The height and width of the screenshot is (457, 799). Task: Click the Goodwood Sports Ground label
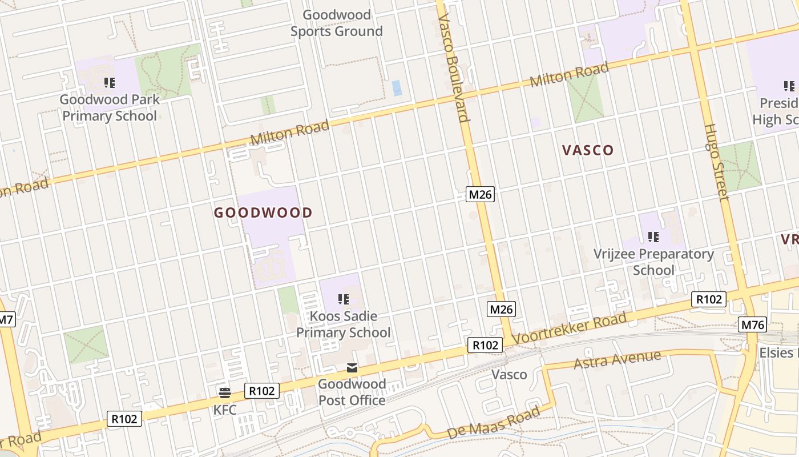click(x=337, y=23)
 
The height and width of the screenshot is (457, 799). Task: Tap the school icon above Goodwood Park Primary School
click(x=110, y=83)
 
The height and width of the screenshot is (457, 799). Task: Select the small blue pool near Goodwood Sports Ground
click(x=397, y=88)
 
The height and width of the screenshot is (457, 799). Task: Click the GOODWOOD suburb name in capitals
click(x=263, y=213)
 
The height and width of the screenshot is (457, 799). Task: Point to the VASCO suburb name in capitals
click(x=588, y=150)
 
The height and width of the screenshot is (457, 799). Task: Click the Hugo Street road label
click(x=716, y=163)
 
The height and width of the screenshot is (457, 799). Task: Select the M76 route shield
click(x=753, y=324)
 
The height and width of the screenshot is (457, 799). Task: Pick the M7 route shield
click(x=6, y=320)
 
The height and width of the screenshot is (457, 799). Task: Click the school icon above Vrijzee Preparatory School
click(x=653, y=236)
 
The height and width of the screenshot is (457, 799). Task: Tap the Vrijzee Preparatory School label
click(x=653, y=262)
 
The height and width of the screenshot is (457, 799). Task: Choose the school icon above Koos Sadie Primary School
click(x=343, y=299)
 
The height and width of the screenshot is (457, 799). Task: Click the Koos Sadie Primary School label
click(x=343, y=324)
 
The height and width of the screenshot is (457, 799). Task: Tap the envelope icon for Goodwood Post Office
click(x=352, y=368)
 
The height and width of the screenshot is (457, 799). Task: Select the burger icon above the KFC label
click(x=224, y=392)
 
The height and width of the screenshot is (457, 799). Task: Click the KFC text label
click(x=224, y=410)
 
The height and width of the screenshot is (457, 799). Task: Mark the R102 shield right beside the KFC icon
click(x=262, y=391)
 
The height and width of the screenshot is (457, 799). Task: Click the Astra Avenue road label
click(x=617, y=360)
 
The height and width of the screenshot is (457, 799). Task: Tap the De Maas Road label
click(x=493, y=423)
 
